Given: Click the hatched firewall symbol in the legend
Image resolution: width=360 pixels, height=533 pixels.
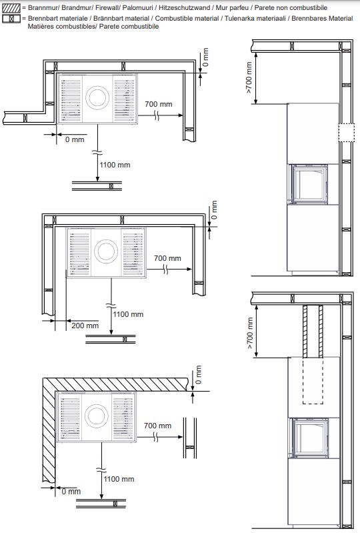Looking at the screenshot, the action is [11, 8].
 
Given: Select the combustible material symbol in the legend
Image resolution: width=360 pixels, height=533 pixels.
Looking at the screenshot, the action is [11, 19].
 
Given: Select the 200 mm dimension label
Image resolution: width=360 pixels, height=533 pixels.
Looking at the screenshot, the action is [85, 326].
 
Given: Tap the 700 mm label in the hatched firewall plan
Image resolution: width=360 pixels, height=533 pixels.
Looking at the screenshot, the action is [157, 426].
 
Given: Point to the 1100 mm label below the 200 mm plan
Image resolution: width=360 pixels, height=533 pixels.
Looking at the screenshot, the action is [128, 314].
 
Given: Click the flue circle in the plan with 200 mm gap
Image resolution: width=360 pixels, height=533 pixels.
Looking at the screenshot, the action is [106, 251].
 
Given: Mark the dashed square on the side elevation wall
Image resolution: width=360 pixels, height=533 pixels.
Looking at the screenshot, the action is [347, 133].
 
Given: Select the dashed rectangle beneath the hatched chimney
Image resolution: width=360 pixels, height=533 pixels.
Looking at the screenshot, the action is [313, 381].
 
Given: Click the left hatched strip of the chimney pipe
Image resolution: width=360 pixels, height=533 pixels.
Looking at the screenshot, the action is [305, 331].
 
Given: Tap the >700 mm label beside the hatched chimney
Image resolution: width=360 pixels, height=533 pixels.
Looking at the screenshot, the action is [250, 333].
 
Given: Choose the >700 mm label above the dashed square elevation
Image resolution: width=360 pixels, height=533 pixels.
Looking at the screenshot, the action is [249, 78].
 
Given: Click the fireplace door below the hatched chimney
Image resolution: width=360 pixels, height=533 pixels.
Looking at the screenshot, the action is [309, 437].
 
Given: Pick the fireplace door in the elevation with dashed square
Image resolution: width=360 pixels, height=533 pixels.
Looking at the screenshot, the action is [309, 184].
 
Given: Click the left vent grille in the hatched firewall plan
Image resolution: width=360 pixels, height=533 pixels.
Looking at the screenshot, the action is [69, 417].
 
